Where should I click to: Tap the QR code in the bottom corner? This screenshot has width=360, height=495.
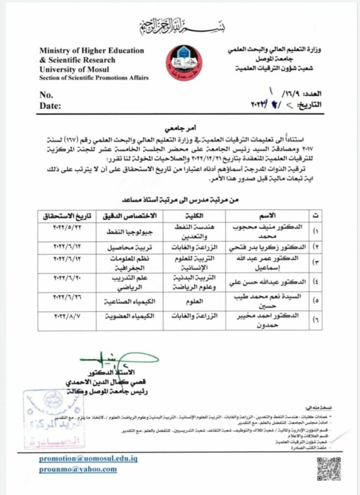tap(329, 467)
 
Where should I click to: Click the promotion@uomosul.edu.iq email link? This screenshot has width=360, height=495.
tap(88, 458)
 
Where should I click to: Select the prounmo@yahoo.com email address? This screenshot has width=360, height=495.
tap(78, 469)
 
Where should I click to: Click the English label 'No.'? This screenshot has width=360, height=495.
tap(46, 95)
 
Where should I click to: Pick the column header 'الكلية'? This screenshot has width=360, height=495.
tap(193, 214)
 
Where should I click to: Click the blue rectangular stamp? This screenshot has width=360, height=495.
tap(53, 419)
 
